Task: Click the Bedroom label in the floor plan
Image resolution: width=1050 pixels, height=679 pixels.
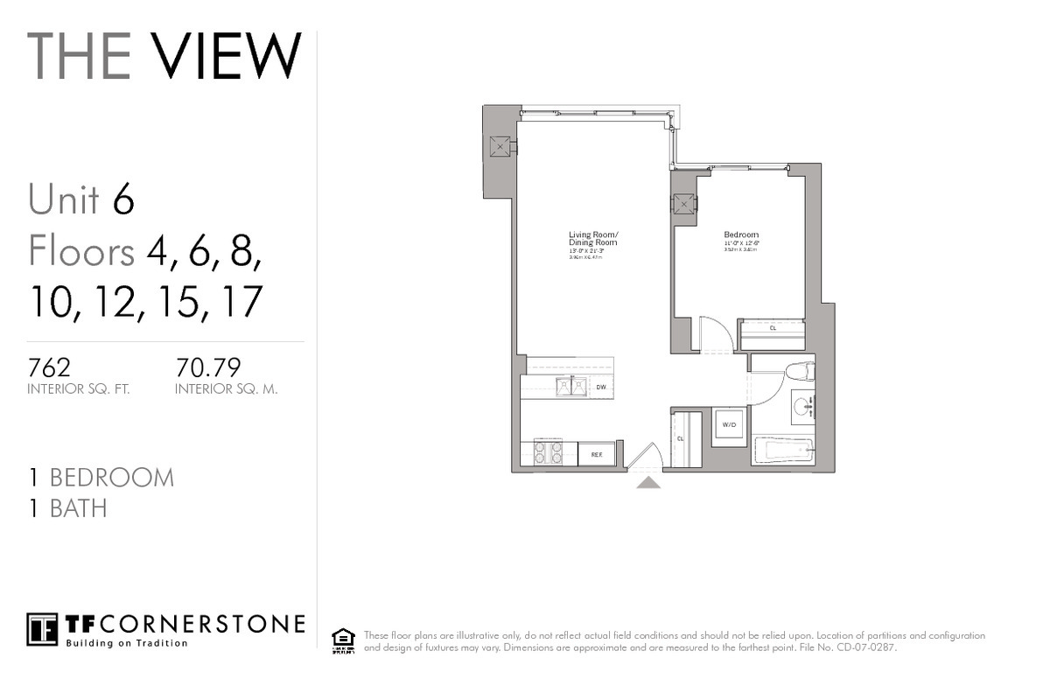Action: click(740, 234)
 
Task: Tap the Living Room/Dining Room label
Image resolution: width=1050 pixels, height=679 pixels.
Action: click(593, 238)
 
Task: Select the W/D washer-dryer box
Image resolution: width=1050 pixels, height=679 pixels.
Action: click(728, 425)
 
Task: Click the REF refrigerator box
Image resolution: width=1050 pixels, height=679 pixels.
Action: click(596, 454)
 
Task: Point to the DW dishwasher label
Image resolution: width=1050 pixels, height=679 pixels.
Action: click(601, 386)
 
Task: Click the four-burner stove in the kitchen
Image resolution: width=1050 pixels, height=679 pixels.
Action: click(548, 451)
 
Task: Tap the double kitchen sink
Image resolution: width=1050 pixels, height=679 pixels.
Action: click(570, 386)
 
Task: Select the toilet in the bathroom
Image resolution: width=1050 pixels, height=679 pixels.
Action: click(800, 371)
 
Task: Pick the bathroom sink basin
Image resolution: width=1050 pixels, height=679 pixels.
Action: click(803, 406)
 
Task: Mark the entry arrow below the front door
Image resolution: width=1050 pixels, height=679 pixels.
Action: click(647, 481)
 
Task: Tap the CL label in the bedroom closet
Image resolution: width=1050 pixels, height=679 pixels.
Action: click(773, 328)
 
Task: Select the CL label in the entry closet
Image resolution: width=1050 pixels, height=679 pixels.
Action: click(680, 439)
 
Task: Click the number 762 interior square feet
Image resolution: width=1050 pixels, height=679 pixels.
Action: click(49, 366)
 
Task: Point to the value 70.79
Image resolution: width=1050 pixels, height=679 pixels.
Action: click(208, 366)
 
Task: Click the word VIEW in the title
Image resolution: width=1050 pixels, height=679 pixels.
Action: click(227, 56)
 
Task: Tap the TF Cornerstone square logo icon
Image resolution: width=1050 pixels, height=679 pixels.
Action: click(42, 628)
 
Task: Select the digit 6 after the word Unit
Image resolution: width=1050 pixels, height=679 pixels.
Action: click(123, 199)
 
